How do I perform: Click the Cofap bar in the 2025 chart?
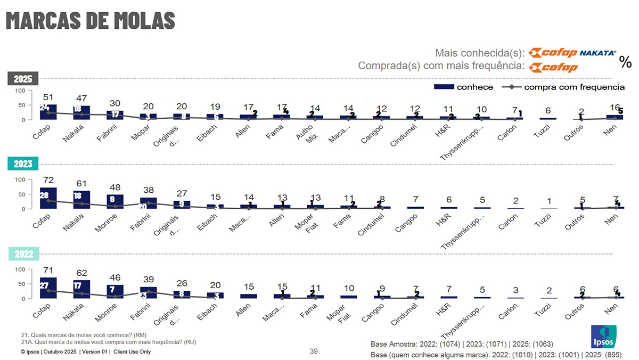(x=48, y=112)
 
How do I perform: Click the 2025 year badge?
(x=23, y=79)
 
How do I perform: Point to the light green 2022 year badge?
(x=23, y=254)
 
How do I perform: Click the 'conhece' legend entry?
(x=464, y=87)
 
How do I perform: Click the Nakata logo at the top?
(x=597, y=53)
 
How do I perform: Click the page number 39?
(x=314, y=351)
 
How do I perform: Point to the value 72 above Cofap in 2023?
(x=48, y=181)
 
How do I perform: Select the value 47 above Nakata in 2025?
(x=81, y=99)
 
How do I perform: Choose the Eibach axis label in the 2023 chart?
(x=207, y=222)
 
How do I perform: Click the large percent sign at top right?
(x=625, y=62)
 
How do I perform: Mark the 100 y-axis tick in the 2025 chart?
(x=20, y=91)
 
